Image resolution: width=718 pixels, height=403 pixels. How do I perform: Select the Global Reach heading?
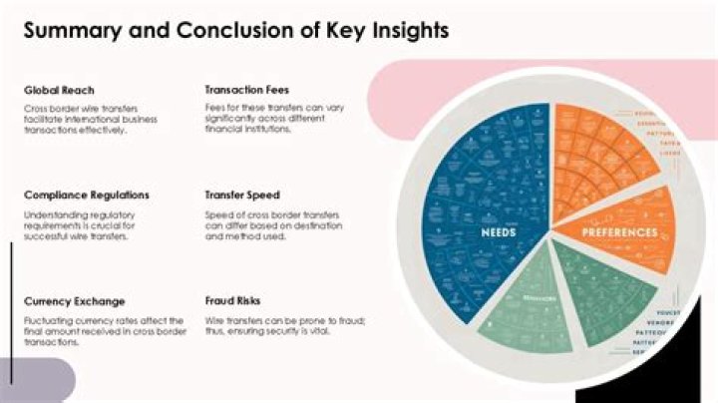pos(60,90)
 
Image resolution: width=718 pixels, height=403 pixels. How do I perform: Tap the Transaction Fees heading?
pos(248,90)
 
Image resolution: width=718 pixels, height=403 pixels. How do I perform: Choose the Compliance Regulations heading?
pos(87,196)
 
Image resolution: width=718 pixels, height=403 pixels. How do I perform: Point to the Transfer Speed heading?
pos(242,196)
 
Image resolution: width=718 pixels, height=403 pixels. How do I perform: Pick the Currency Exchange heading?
pos(75,300)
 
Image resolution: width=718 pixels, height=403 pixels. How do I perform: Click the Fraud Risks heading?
pos(233,300)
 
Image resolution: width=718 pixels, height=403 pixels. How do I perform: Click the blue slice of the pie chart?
pos(479,200)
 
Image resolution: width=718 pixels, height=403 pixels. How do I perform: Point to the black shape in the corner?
pos(688,369)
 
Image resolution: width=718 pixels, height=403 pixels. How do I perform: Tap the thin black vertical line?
pos(11,309)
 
